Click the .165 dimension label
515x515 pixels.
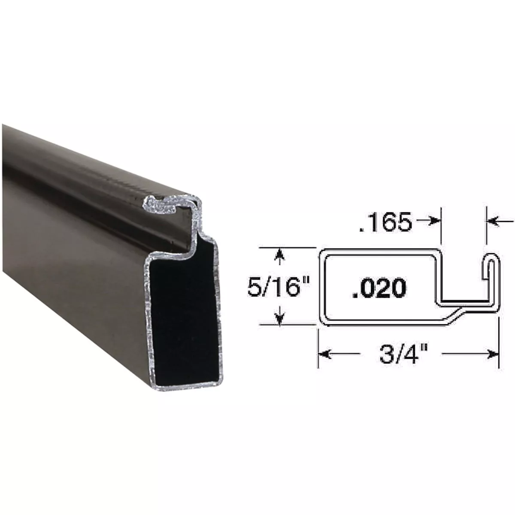[x=385, y=223]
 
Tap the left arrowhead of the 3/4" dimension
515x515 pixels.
[x=324, y=354]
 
